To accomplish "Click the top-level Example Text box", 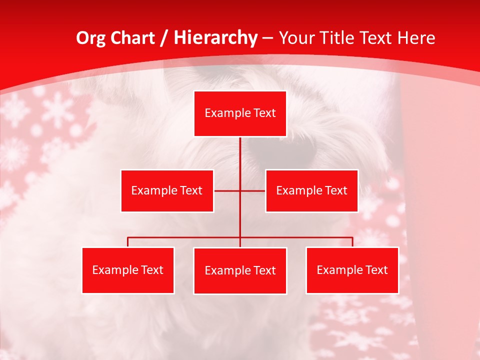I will click(240, 113).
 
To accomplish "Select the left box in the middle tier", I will click(167, 190).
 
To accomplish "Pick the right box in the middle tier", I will click(311, 190).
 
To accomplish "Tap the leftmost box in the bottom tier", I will click(128, 270).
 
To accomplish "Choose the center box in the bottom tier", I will click(240, 270).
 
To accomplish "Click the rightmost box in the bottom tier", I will click(352, 270).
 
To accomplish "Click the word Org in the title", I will click(90, 38).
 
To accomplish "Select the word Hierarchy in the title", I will click(215, 38).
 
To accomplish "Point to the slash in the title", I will click(164, 38).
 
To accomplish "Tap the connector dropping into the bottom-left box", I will click(128, 242).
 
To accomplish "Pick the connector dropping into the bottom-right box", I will click(352, 242).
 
